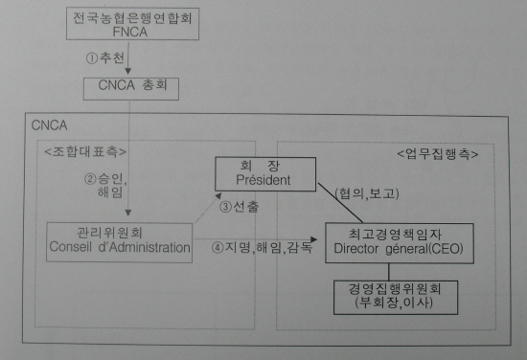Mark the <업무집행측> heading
pos(437,152)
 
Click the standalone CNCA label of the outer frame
pos(50,124)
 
